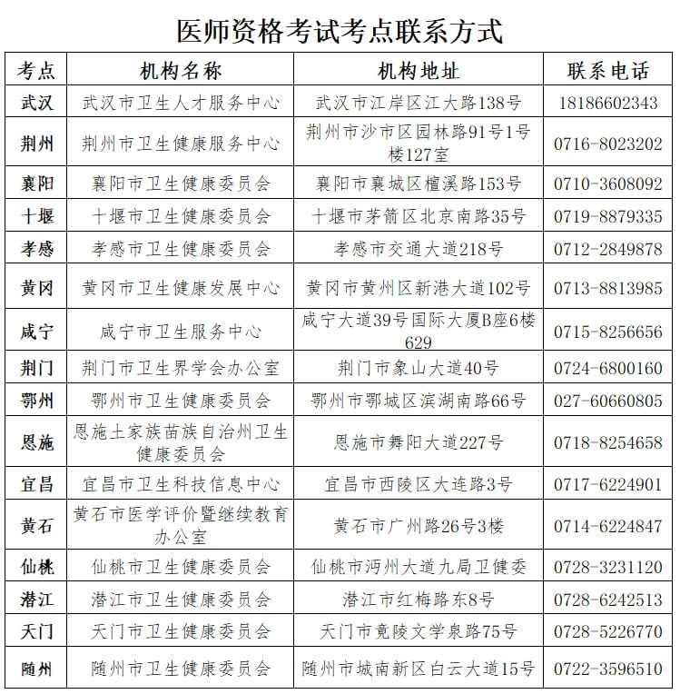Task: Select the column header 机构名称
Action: point(181,71)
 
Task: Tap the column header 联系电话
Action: point(607,71)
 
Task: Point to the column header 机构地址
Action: point(419,71)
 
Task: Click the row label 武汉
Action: point(37,103)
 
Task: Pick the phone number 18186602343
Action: point(607,103)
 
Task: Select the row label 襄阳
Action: point(37,184)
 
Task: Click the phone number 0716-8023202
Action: point(607,144)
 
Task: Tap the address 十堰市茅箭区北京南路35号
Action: point(419,216)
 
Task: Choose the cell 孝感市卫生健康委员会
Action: point(181,249)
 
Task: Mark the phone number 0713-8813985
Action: point(607,288)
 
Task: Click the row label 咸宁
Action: point(37,331)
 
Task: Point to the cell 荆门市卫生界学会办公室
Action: point(181,368)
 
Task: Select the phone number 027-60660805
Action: point(607,401)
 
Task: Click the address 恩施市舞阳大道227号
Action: point(419,442)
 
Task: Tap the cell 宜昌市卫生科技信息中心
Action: point(181,484)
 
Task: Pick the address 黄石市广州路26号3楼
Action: point(419,526)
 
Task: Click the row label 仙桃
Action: point(37,568)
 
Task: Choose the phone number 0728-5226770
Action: point(607,631)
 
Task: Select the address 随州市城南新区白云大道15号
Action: point(419,669)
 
